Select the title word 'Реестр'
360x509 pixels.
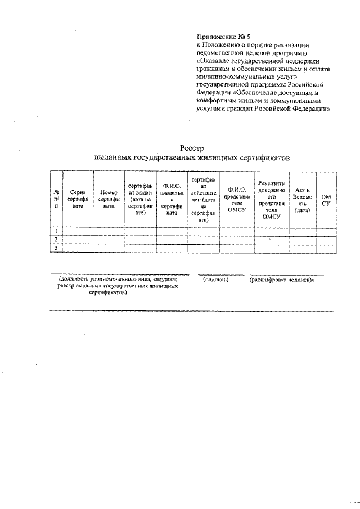tap(191, 148)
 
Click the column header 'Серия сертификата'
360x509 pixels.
tap(77, 199)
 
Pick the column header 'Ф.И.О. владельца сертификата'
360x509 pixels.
tap(172, 199)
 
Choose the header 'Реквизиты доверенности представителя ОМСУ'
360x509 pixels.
tap(271, 199)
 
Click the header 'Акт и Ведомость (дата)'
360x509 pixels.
tap(302, 199)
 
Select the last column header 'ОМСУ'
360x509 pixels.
tap(326, 199)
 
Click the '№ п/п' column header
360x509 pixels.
tap(56, 199)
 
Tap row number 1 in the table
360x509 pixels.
tap(56, 231)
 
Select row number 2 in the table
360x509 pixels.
tap(56, 240)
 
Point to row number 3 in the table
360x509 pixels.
tap(56, 248)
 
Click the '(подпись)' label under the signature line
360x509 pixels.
tap(215, 279)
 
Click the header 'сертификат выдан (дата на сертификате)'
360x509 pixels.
tap(140, 199)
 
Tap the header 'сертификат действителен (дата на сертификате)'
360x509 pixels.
tap(203, 199)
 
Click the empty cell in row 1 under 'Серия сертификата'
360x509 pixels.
tap(77, 231)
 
